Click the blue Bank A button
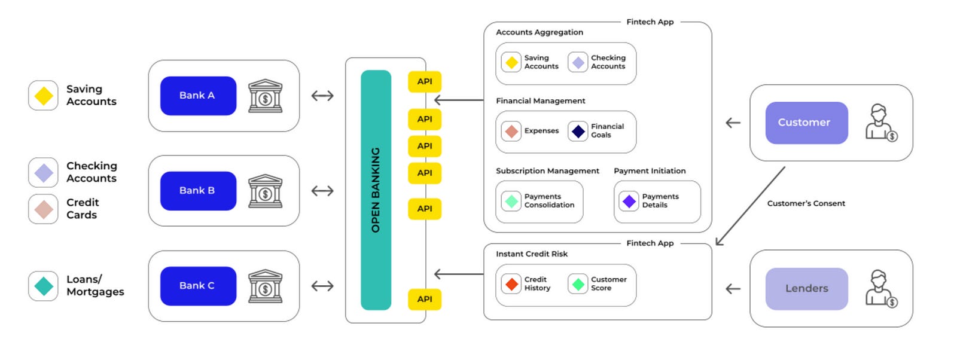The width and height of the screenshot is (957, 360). tap(198, 96)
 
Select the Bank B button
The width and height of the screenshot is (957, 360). tap(198, 191)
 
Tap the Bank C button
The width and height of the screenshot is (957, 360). tap(198, 286)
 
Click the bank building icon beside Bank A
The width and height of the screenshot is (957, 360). tap(265, 96)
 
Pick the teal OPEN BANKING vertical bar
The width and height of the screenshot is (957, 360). tap(376, 190)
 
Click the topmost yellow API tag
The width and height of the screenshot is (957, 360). tap(425, 82)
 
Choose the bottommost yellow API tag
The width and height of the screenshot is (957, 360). tap(425, 299)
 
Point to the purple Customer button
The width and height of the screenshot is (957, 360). tap(806, 123)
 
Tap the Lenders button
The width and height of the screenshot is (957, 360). tap(806, 288)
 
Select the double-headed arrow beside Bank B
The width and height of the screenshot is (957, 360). tap(322, 191)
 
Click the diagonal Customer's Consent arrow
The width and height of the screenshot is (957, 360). tap(750, 206)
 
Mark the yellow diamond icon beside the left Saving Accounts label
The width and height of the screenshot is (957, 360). tap(44, 96)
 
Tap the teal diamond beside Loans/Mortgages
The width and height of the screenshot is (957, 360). tap(44, 286)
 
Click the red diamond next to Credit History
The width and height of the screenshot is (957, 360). tap(511, 284)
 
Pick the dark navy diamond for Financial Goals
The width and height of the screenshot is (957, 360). tap(578, 131)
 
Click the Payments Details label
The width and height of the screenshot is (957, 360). tap(660, 201)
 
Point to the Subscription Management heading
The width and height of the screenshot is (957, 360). tap(547, 171)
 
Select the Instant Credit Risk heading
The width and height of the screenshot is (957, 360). tap(532, 254)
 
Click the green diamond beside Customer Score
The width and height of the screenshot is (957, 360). tap(578, 284)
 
